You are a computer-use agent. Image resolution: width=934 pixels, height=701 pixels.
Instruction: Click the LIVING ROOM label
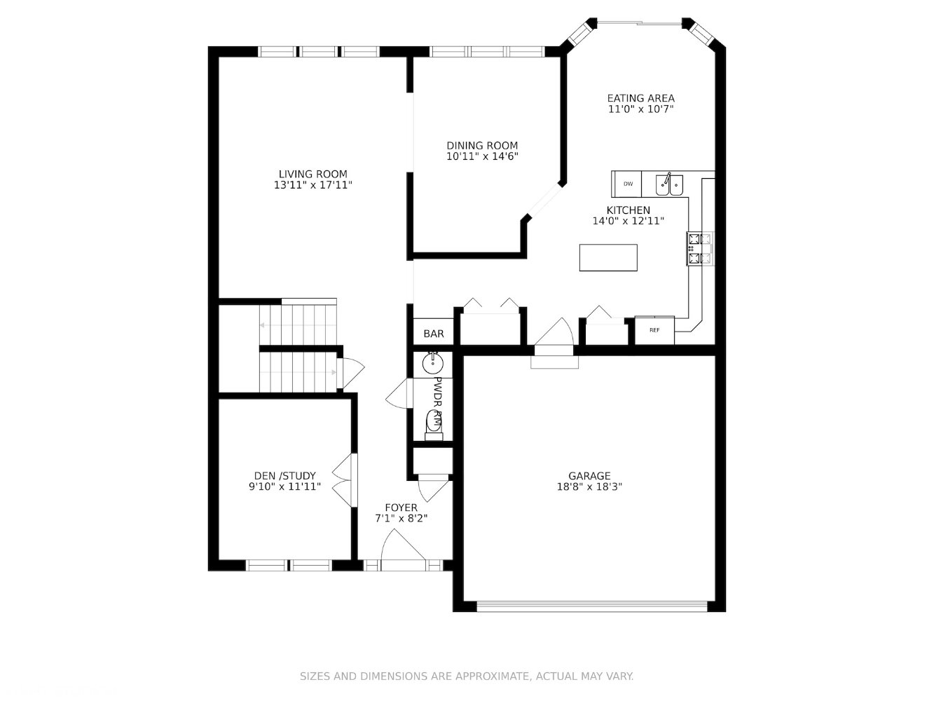point(313,174)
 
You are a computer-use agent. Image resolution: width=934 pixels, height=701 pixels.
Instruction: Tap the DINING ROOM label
point(482,146)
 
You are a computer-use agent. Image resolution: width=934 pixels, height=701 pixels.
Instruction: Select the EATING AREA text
point(641,98)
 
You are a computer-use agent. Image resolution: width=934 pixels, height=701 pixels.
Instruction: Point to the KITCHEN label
point(628,210)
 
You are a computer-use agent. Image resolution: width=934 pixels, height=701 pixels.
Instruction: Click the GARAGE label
point(589,476)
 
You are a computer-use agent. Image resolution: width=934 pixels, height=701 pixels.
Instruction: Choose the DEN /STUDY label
point(284,476)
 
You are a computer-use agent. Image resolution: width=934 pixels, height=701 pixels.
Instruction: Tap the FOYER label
point(401,508)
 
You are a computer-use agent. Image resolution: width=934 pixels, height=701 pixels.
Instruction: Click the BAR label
point(434,334)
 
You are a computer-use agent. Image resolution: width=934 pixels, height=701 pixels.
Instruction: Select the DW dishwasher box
point(627,184)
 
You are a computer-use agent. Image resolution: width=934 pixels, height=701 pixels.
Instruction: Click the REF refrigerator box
point(654,330)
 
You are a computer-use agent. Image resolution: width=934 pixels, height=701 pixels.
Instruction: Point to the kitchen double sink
point(669,185)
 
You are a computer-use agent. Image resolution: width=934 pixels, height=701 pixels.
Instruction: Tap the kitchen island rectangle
point(608,257)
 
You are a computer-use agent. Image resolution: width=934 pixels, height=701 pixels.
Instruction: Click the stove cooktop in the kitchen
point(700,249)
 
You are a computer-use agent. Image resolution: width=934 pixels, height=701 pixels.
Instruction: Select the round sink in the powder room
point(433,364)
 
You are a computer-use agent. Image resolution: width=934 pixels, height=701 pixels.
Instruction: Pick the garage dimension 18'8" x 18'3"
point(589,486)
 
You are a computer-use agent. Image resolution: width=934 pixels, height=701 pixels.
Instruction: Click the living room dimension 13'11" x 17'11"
point(313,185)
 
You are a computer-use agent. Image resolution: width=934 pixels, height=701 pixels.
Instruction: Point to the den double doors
point(344,480)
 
